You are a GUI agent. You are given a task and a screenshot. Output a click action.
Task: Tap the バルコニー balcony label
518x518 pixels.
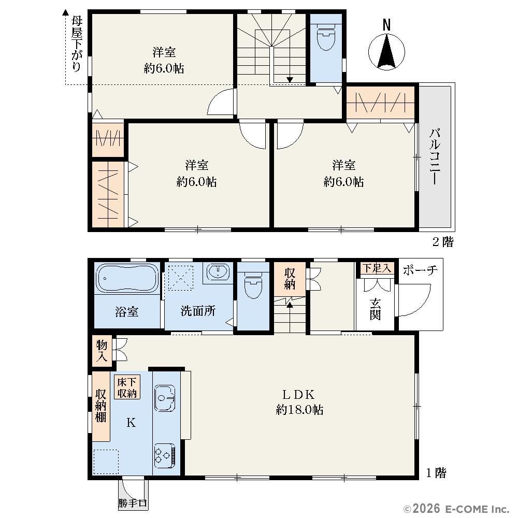[435, 156]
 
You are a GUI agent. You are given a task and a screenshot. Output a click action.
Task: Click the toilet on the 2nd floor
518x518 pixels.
[326, 37]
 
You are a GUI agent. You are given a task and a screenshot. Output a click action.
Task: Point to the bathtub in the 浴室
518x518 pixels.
[127, 278]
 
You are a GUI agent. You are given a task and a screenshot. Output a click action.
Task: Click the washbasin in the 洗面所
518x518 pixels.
[218, 272]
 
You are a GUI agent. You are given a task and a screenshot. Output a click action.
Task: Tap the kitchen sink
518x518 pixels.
[165, 398]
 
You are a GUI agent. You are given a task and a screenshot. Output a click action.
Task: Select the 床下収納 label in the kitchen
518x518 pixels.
[127, 387]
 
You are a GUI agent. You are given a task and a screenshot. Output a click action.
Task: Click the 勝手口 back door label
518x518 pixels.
[133, 503]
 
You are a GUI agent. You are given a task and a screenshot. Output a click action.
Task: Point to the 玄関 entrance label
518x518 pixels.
[375, 309]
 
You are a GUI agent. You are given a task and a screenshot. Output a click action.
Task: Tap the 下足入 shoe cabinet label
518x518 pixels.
[377, 268]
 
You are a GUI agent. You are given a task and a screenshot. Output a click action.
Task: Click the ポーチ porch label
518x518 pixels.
[420, 270]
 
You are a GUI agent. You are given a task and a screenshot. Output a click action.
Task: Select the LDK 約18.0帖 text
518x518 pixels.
[299, 402]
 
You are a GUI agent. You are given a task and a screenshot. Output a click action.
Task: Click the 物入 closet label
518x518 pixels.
[102, 351]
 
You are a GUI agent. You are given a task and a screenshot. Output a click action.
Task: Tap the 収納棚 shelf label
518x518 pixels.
[101, 406]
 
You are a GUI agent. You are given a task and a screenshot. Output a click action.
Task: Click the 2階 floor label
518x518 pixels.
[443, 242]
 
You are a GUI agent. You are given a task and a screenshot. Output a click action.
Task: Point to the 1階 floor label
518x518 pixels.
[436, 473]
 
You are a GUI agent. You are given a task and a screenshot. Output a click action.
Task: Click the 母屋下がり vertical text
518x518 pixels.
[77, 44]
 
